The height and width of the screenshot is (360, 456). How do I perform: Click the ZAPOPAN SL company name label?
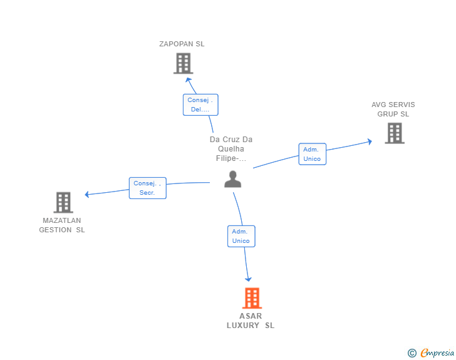[182, 44]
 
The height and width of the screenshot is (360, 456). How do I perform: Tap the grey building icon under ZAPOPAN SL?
[183, 63]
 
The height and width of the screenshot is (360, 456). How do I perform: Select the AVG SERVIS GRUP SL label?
[393, 110]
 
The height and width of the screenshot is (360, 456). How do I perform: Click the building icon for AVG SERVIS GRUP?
[395, 133]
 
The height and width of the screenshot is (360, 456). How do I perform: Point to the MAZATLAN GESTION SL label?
[62, 225]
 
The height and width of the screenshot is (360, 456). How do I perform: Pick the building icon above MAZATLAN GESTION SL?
[63, 202]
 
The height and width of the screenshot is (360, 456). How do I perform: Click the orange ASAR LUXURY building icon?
[252, 298]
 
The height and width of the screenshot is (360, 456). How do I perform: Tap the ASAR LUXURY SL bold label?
[251, 321]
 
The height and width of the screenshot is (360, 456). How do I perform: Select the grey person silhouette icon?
[232, 179]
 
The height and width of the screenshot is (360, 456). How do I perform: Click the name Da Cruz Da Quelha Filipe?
[231, 148]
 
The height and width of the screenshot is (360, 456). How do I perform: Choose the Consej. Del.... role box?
[200, 105]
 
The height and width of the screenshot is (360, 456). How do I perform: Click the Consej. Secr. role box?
[148, 188]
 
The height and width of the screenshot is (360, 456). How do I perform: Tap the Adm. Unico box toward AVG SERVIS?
[313, 154]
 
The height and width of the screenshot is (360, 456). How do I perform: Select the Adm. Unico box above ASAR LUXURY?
[241, 236]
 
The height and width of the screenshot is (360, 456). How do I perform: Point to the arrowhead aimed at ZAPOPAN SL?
[188, 80]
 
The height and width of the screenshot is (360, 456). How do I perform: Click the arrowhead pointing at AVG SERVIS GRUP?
[370, 141]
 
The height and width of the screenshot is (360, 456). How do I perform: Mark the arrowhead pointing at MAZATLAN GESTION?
[87, 194]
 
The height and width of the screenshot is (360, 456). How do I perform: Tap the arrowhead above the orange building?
[248, 279]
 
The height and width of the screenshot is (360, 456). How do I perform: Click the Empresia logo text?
[437, 352]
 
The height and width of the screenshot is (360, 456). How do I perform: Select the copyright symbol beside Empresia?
[412, 353]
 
